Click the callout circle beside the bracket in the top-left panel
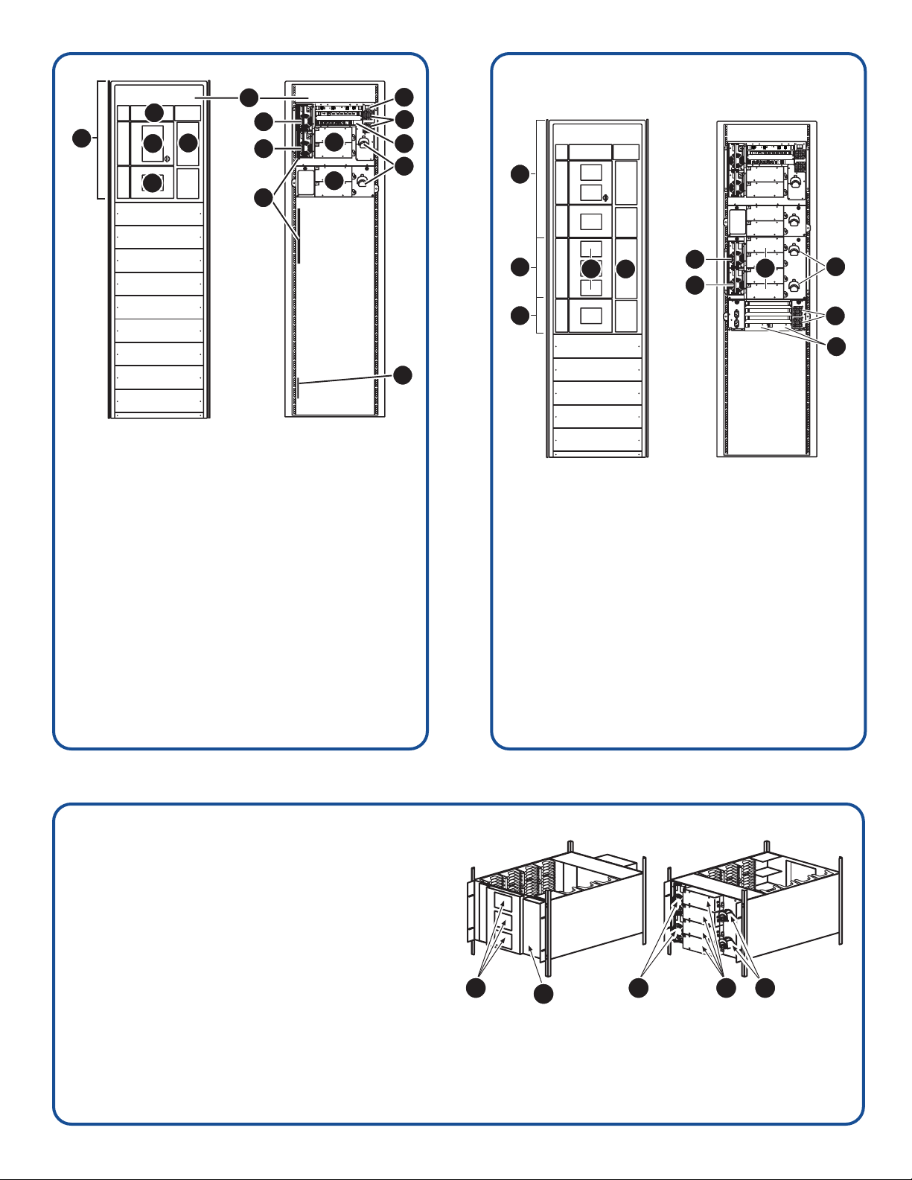(x=81, y=138)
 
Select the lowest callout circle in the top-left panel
(x=403, y=375)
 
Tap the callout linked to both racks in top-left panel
(x=249, y=96)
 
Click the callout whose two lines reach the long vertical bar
(x=263, y=198)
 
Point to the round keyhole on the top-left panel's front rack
(x=167, y=158)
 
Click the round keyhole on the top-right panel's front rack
(x=605, y=198)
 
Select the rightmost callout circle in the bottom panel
(x=763, y=988)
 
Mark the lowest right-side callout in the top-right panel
(x=838, y=345)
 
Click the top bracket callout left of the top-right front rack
(x=520, y=174)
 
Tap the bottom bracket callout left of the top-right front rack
(x=520, y=316)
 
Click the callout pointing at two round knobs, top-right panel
(x=838, y=266)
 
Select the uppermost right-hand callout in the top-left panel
(x=403, y=96)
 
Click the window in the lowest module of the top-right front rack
(x=591, y=315)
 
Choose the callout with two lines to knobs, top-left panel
(x=403, y=165)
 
